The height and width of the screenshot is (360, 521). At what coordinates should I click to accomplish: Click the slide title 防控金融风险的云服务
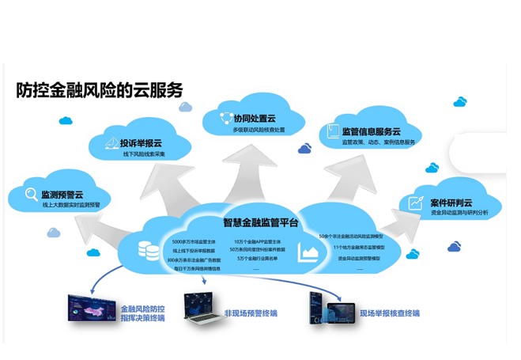click(x=100, y=90)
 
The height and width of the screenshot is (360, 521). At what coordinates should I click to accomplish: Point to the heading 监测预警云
click(x=62, y=194)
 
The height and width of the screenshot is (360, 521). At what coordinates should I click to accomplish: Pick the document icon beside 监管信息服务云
click(x=329, y=132)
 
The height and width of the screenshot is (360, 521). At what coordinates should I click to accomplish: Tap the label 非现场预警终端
click(x=251, y=313)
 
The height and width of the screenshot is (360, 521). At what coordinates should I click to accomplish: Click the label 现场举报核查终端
click(x=390, y=313)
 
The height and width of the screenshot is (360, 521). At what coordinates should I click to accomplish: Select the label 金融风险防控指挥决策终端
click(x=143, y=313)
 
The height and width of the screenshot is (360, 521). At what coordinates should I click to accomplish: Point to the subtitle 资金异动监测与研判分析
click(x=460, y=213)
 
